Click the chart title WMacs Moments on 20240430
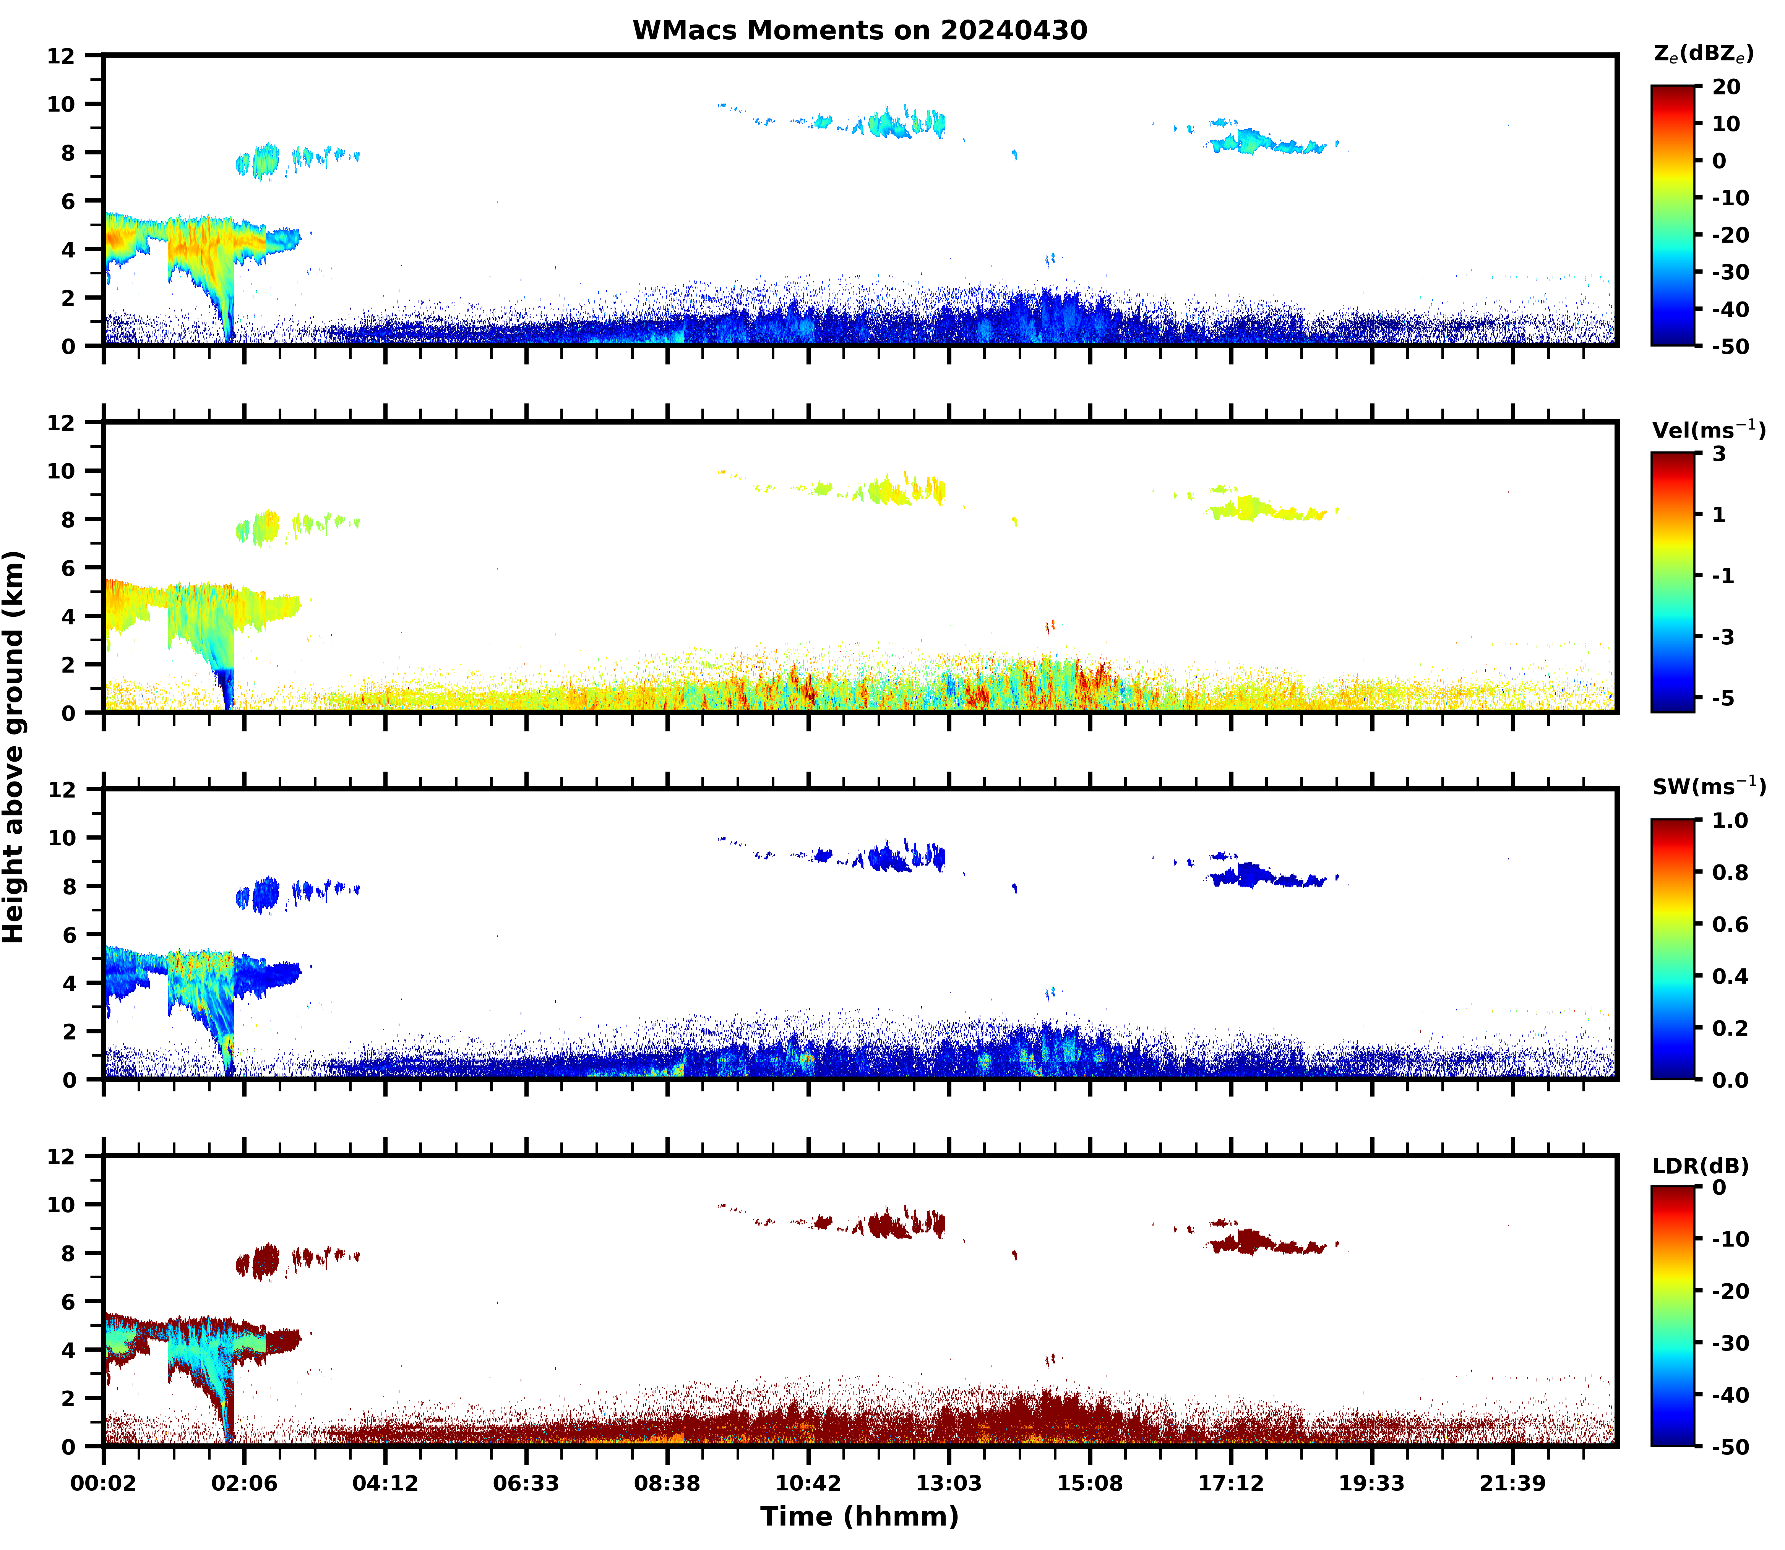(x=859, y=30)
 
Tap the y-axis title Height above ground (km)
(x=14, y=746)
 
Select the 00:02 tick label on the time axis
(x=104, y=1484)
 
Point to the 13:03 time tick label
(x=949, y=1484)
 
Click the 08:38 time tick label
(x=667, y=1484)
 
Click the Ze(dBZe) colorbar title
(x=1703, y=54)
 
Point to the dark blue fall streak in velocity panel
(x=227, y=687)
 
